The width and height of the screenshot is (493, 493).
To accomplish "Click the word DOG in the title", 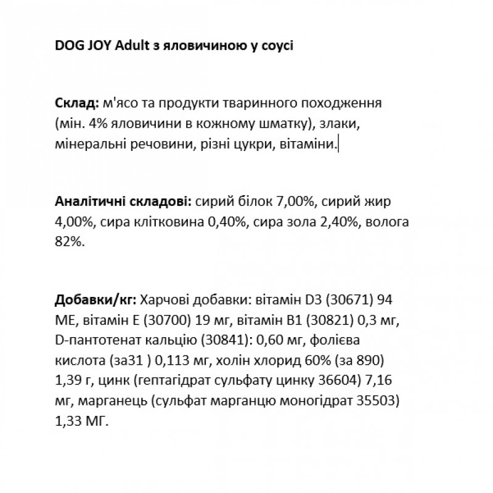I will coord(67,49).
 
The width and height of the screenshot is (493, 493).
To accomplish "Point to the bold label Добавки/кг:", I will coord(96,300).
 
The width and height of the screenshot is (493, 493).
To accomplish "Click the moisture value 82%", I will coord(67,242).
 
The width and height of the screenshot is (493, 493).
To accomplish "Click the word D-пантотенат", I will coord(89,341).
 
